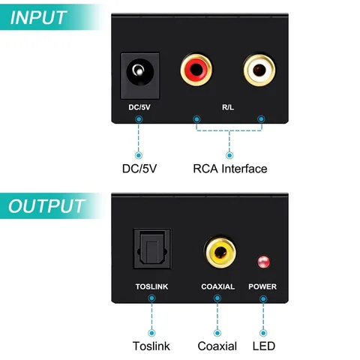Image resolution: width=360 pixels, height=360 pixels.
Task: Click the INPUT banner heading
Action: tap(47, 17)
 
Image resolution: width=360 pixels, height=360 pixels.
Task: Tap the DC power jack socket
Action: tap(137, 73)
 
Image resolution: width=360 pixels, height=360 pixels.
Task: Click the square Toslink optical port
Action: tap(151, 250)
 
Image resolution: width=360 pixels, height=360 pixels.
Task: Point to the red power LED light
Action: tap(263, 262)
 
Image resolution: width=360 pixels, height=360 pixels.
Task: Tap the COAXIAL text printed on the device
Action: tap(218, 286)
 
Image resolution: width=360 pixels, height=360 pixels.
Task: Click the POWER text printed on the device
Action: tap(263, 286)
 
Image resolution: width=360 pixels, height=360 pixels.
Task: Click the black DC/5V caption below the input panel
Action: tap(139, 168)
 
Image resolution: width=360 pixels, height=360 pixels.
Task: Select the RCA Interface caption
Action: tap(229, 168)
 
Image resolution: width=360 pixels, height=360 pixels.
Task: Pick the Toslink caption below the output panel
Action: tap(151, 346)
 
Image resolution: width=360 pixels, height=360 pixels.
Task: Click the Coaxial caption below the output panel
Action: tap(217, 346)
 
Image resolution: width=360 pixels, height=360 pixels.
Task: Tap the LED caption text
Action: tap(263, 346)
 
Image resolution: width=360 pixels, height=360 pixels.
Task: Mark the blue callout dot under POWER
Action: tap(263, 298)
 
